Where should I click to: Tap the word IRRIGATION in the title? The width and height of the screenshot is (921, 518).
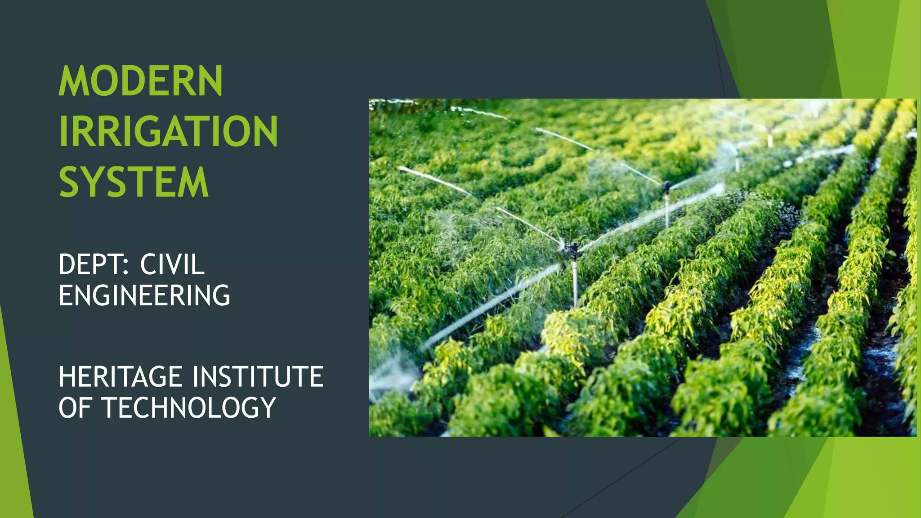168,131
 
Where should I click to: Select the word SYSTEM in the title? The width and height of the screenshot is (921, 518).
134,182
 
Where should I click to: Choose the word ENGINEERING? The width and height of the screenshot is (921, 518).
144,295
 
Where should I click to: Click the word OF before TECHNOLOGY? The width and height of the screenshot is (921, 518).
75,408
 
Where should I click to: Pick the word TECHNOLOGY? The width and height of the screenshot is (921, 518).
189,408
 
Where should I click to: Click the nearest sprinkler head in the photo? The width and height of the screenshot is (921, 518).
571,249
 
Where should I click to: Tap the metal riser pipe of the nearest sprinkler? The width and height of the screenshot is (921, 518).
574,283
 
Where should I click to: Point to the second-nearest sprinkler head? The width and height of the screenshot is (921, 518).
666,185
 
